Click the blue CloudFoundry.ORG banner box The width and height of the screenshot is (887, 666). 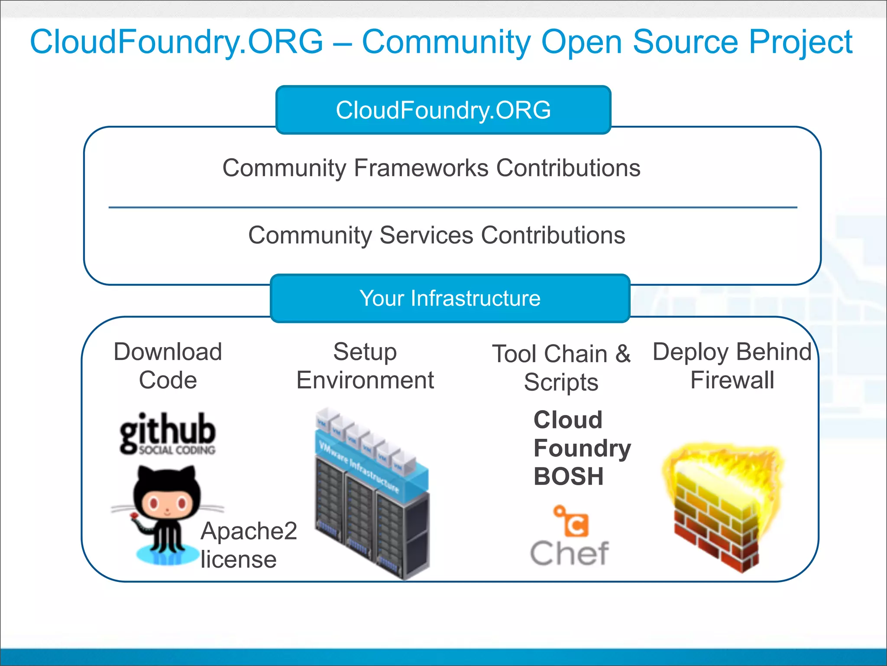443,110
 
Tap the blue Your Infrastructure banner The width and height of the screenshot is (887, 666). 450,298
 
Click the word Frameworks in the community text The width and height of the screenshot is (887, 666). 421,168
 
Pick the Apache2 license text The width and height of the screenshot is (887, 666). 248,545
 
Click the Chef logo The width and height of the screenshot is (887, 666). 570,538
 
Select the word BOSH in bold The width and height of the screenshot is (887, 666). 569,477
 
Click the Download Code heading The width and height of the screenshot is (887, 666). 168,366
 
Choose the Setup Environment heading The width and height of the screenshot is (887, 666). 365,366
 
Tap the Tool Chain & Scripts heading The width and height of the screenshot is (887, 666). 561,368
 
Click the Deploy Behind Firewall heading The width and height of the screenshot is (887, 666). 732,366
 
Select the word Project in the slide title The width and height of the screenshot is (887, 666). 800,42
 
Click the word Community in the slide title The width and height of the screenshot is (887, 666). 446,42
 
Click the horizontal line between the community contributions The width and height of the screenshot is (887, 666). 453,208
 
